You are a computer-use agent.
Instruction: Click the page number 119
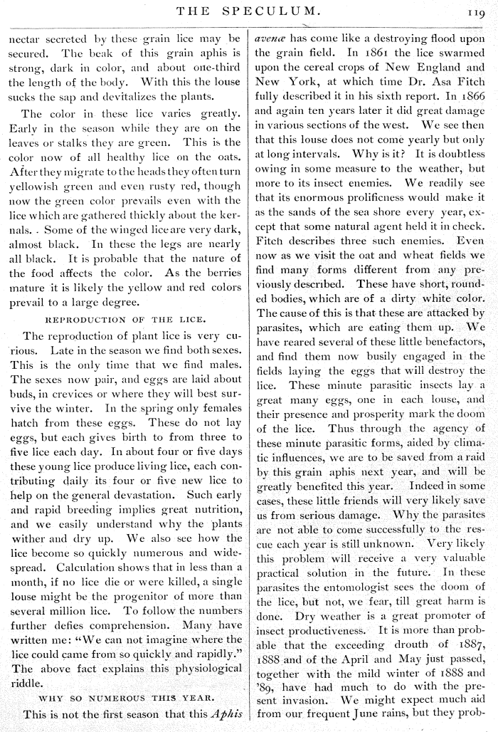pyautogui.click(x=477, y=11)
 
